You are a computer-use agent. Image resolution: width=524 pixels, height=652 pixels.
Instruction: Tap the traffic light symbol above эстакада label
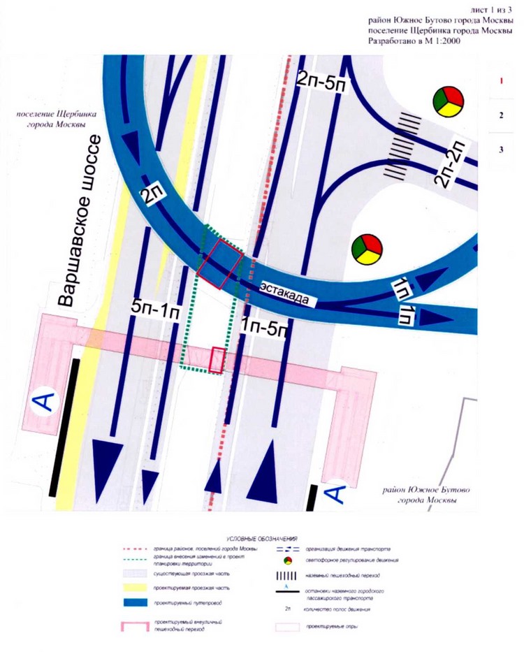coord(367,249)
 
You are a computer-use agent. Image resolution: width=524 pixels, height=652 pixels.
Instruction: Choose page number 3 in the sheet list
coord(501,150)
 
